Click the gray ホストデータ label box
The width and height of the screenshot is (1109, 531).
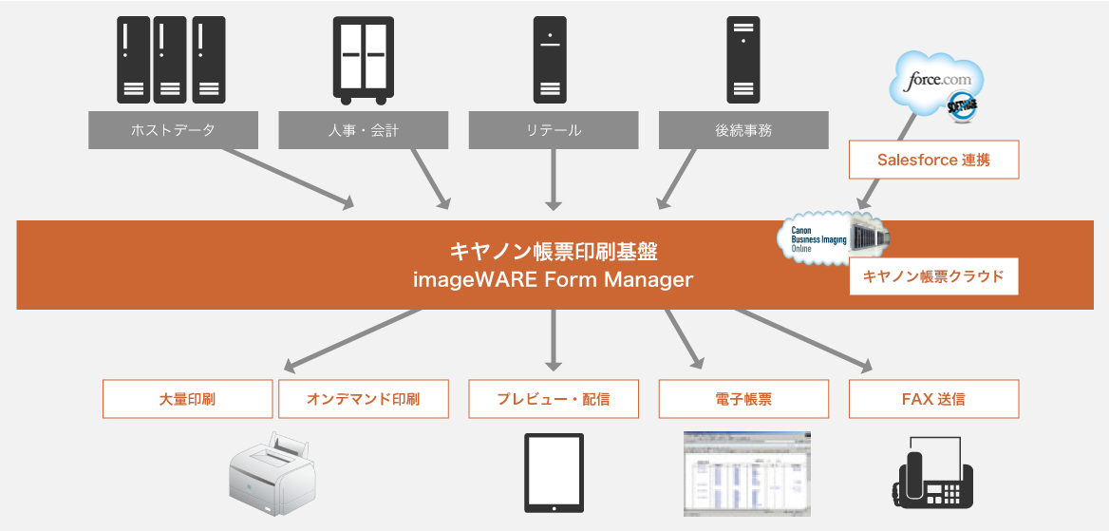[x=173, y=130]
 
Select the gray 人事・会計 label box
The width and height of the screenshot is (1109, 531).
[x=363, y=130]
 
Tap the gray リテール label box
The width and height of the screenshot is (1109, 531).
[x=553, y=130]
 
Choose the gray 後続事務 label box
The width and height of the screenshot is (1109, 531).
[x=743, y=130]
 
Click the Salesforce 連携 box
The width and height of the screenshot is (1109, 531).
[x=933, y=160]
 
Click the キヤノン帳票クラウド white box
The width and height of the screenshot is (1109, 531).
[x=933, y=276]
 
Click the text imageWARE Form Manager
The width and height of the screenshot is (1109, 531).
[x=554, y=280]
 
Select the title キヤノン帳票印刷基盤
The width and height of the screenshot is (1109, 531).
[x=554, y=252]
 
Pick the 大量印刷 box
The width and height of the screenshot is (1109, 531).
[x=187, y=399]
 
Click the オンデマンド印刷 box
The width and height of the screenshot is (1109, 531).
[x=363, y=399]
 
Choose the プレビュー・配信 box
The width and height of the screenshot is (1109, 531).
[x=553, y=399]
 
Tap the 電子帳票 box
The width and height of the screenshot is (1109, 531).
[x=743, y=399]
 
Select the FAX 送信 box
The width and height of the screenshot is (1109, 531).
[x=933, y=399]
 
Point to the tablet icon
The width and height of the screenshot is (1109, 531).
[x=554, y=473]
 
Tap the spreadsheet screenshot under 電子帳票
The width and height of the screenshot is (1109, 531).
[x=746, y=473]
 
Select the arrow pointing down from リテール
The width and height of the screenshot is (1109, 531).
[x=554, y=180]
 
